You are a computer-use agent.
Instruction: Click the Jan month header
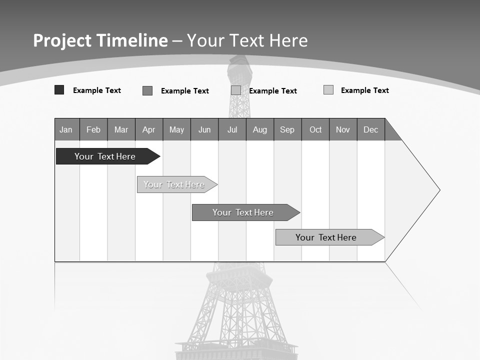[66, 129]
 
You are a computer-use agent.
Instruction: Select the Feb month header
[93, 129]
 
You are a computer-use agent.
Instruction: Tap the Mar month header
[121, 129]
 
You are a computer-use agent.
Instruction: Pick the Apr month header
[149, 129]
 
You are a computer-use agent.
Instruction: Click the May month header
[176, 129]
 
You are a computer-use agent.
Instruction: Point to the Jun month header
[204, 129]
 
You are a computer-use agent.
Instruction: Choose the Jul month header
[232, 129]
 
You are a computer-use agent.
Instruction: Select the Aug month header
[260, 129]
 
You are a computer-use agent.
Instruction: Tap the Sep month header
[287, 129]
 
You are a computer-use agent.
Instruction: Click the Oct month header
[315, 129]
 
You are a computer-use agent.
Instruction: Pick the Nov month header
[343, 129]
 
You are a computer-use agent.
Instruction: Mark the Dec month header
[371, 129]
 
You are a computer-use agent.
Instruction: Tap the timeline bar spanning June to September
[243, 212]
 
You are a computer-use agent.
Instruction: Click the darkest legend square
[59, 90]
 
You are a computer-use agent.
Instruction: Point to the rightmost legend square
[328, 90]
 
